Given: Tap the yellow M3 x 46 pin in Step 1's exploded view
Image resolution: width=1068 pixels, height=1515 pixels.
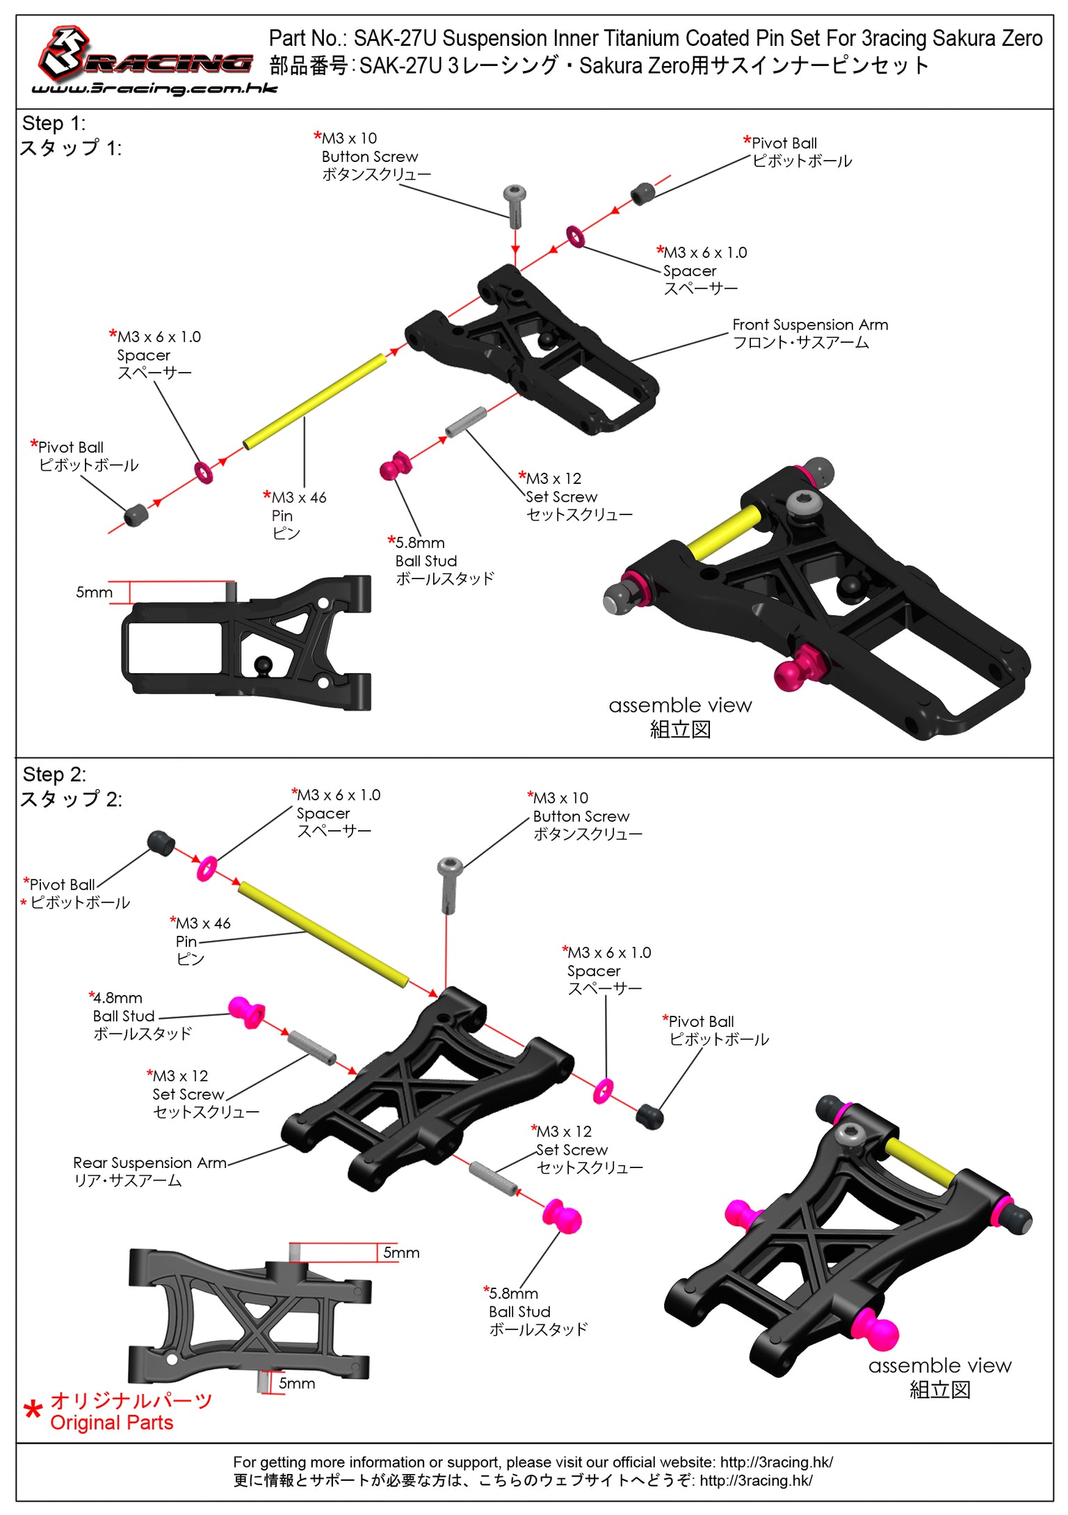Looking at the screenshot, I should [314, 401].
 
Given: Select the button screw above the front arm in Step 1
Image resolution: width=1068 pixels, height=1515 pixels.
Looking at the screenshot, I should [515, 205].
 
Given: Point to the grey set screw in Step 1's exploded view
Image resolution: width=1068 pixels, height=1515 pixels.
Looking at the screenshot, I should [465, 422].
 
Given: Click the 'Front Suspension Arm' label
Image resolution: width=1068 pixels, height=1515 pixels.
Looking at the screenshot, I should [809, 334].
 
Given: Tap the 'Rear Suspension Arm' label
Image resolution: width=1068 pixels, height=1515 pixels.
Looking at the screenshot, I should [149, 1171].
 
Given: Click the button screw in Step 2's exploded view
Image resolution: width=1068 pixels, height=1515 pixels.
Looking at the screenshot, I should [450, 884].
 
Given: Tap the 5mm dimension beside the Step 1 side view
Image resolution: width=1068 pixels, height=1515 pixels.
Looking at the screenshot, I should [94, 592].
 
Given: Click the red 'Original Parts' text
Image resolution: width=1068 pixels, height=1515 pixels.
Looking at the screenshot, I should [111, 1423].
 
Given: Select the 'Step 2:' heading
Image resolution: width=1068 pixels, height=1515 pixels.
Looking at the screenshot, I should [54, 774].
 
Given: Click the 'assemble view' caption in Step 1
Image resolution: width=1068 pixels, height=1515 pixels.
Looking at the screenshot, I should [679, 706].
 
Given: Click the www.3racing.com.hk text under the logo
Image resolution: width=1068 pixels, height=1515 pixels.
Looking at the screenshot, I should [154, 88].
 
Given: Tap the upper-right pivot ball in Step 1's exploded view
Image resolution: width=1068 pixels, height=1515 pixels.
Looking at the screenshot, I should [642, 193].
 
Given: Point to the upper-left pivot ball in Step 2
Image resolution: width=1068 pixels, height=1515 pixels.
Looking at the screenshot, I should [161, 842].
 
